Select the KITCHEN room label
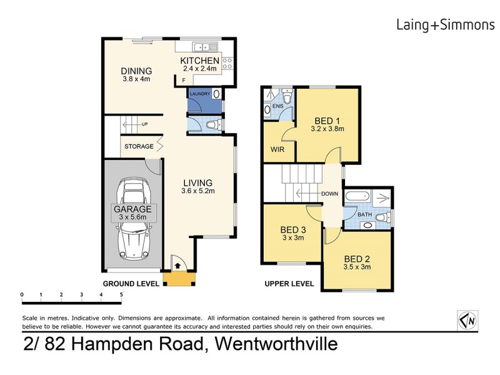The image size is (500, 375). (199, 61)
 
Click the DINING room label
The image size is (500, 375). (136, 71)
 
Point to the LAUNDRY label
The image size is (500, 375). (200, 94)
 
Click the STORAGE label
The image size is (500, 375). (138, 146)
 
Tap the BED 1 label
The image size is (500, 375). (327, 121)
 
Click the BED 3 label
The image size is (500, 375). (292, 229)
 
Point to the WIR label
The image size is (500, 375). (277, 150)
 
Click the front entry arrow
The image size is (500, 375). (177, 265)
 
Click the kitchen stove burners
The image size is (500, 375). (227, 62)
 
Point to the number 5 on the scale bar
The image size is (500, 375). (121, 294)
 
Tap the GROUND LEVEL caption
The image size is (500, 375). (131, 283)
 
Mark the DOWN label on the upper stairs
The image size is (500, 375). (329, 194)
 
